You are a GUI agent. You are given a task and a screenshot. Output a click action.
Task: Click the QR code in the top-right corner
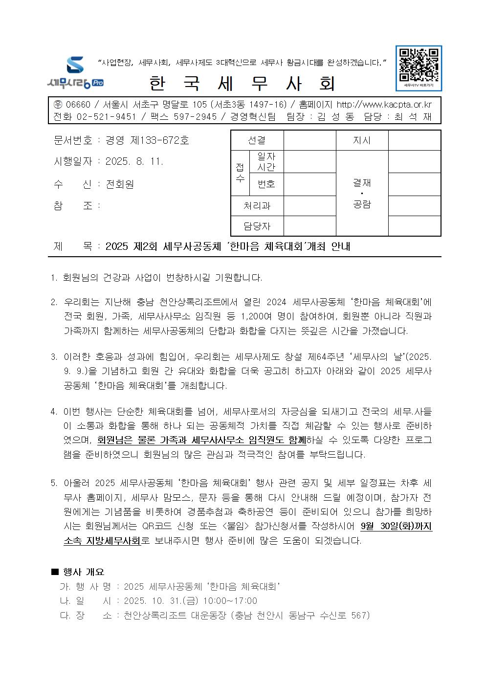(x=419, y=65)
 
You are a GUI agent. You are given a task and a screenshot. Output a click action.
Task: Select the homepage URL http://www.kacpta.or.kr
(x=384, y=105)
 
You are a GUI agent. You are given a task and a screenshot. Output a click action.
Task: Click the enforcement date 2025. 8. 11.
(x=134, y=161)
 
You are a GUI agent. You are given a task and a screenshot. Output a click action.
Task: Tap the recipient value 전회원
(x=119, y=184)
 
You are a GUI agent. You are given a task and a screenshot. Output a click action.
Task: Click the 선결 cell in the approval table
(x=257, y=140)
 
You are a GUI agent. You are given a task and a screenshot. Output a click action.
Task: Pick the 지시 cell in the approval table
(x=362, y=140)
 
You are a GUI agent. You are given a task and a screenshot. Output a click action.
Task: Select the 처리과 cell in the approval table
(x=257, y=206)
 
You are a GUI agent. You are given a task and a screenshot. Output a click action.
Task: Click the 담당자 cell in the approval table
(x=257, y=226)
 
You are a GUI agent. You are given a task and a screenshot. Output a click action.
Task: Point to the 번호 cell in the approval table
(x=266, y=184)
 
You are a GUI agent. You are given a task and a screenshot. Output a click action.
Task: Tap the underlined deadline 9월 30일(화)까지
(x=396, y=527)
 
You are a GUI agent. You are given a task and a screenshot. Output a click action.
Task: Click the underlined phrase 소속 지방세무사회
(x=102, y=541)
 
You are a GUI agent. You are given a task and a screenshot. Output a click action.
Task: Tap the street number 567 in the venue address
(x=360, y=616)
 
